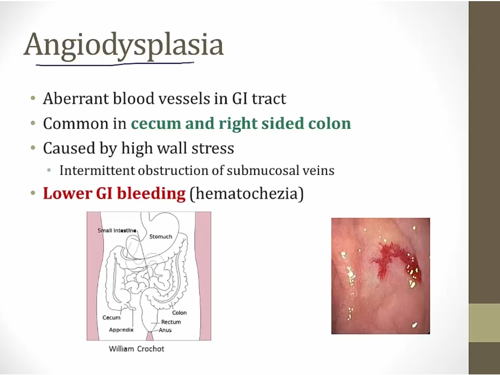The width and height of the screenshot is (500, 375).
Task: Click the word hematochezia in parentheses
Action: tap(247, 194)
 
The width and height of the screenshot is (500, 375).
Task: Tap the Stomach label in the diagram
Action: tap(161, 237)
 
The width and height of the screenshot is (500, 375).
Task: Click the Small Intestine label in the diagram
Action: tap(117, 231)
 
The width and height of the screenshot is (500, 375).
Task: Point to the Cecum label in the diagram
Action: tap(112, 318)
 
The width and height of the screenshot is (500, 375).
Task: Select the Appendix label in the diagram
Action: tap(121, 329)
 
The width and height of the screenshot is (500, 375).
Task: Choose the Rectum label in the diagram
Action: tap(171, 322)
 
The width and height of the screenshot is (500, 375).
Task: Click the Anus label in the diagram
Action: tap(165, 330)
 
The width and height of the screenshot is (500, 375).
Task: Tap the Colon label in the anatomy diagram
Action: tap(179, 313)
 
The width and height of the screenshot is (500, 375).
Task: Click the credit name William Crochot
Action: tap(137, 349)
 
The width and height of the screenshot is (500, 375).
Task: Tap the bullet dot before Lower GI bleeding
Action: tap(33, 193)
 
